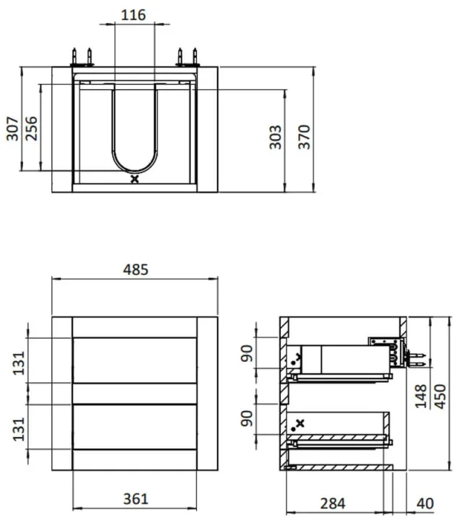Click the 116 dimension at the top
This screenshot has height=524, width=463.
click(133, 15)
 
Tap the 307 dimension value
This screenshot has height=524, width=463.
click(13, 129)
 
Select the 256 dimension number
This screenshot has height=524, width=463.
click(31, 128)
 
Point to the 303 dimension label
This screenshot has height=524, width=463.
click(275, 137)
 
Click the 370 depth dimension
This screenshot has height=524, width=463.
click(305, 137)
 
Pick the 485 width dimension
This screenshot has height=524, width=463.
click(135, 270)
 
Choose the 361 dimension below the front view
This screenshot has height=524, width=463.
click(135, 499)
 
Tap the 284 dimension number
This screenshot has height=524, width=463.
click(333, 504)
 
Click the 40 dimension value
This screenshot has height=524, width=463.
click(425, 504)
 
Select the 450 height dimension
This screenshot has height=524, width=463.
click(441, 397)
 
